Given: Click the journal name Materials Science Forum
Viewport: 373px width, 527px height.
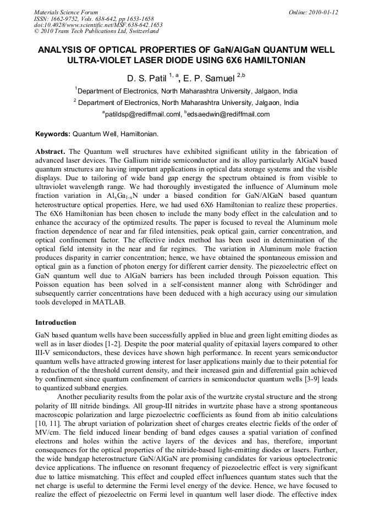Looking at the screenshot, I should pyautogui.click(x=66, y=12).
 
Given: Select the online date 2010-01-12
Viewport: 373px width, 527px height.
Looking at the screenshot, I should pyautogui.click(x=321, y=12).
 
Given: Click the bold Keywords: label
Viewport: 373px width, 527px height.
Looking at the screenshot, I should pyautogui.click(x=53, y=134).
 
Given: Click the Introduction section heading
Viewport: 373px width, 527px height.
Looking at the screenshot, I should pyautogui.click(x=56, y=323).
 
